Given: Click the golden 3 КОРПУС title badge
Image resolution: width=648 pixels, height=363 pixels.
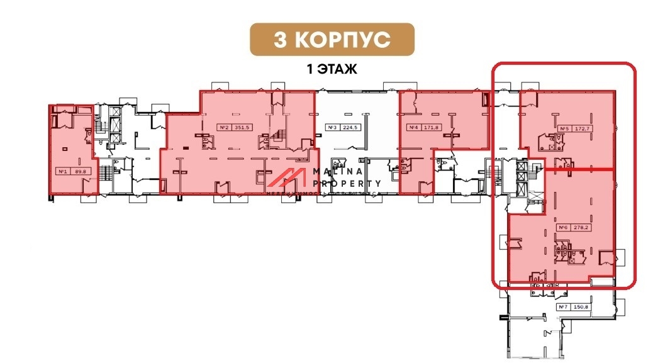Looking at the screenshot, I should [x=332, y=39].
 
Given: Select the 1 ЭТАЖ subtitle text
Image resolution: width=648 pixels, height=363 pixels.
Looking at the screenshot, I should [x=332, y=69].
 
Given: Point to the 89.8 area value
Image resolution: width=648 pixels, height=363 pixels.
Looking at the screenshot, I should [x=79, y=170].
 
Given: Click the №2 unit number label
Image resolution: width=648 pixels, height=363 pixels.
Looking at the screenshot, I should [x=224, y=126].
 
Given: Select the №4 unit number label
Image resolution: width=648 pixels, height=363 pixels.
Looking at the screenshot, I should [x=413, y=128].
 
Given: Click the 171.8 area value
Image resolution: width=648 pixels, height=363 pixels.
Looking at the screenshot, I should [x=431, y=128].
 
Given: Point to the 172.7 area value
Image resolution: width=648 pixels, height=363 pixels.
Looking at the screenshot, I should [x=581, y=130].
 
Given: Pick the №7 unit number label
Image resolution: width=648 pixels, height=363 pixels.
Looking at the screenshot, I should [x=563, y=307].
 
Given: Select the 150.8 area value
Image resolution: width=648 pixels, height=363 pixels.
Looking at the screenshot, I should [x=581, y=307].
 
